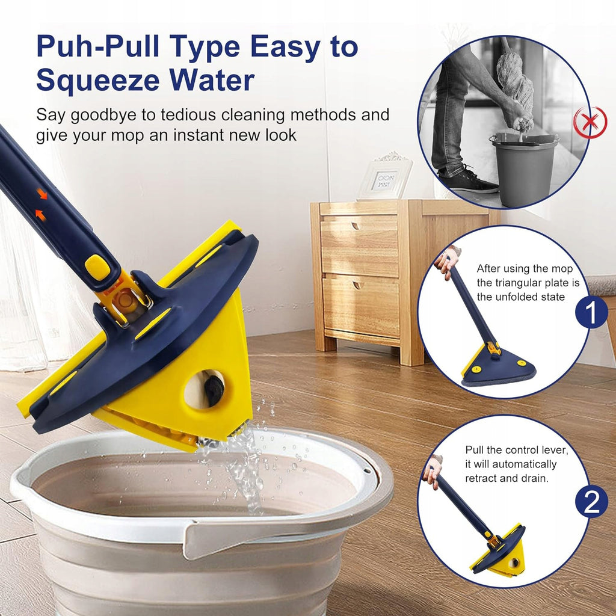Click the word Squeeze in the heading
(x=98, y=81)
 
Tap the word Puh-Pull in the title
(x=98, y=46)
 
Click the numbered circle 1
(x=591, y=312)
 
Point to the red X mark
(x=590, y=122)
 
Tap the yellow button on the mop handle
(x=97, y=267)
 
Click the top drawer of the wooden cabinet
(x=359, y=246)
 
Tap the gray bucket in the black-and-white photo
(x=525, y=169)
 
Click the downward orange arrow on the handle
(x=42, y=193)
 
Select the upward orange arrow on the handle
(x=40, y=215)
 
